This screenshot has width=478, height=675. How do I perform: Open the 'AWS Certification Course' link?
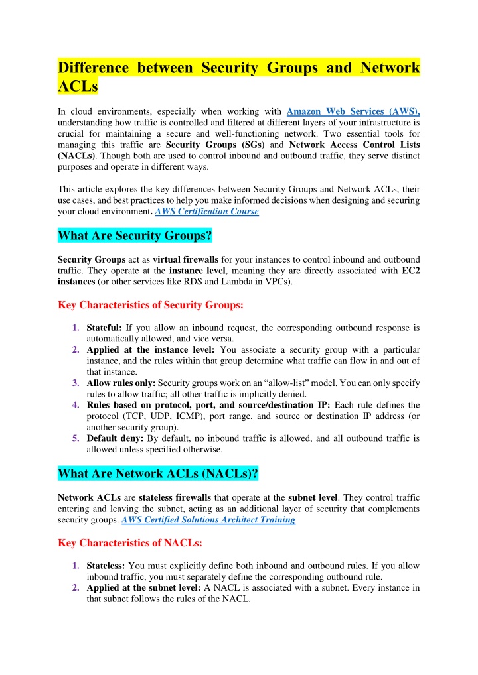pos(206,212)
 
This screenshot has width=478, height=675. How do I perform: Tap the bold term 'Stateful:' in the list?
pos(104,328)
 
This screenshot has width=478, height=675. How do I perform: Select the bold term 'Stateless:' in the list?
pos(106,565)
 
